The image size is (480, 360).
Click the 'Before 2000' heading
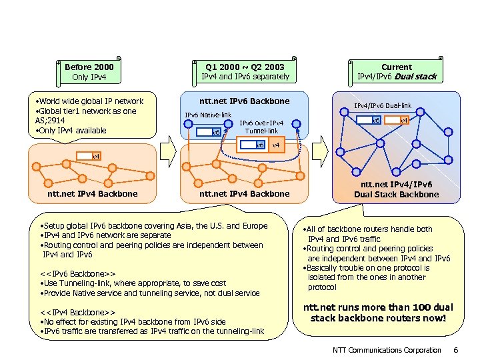click(89, 67)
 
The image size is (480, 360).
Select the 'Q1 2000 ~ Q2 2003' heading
click(245, 67)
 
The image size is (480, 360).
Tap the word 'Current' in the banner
click(396, 67)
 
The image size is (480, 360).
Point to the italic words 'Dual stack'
click(415, 77)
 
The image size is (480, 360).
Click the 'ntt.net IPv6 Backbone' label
click(245, 101)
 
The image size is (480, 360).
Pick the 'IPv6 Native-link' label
click(207, 115)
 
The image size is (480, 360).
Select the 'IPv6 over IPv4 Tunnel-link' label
click(261, 127)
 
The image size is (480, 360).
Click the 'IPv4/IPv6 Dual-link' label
click(382, 105)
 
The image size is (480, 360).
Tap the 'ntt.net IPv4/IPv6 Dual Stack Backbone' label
click(396, 189)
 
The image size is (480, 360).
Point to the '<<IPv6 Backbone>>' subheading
click(77, 273)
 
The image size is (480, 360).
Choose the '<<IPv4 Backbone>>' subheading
click(77, 313)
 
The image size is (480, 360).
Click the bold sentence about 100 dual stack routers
click(378, 313)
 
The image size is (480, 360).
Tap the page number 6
click(455, 350)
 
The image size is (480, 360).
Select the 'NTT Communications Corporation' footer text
click(387, 350)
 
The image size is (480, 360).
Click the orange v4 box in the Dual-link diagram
click(403, 121)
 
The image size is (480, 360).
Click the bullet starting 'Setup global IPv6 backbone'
click(153, 226)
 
